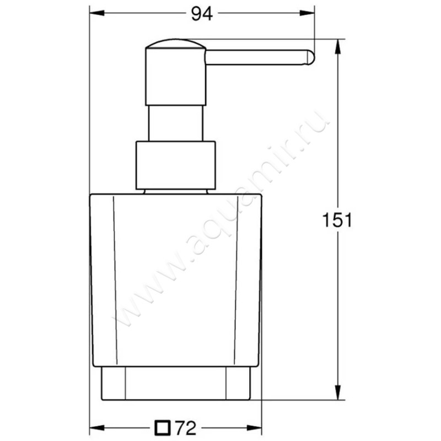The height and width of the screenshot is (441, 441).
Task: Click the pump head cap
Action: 175,74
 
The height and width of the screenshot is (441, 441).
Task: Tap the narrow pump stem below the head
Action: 175,123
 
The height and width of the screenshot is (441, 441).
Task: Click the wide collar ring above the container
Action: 175,165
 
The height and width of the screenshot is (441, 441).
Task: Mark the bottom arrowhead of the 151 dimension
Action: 337,394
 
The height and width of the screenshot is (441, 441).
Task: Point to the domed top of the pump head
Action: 175,43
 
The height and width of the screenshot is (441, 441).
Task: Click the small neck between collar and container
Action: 175,191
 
